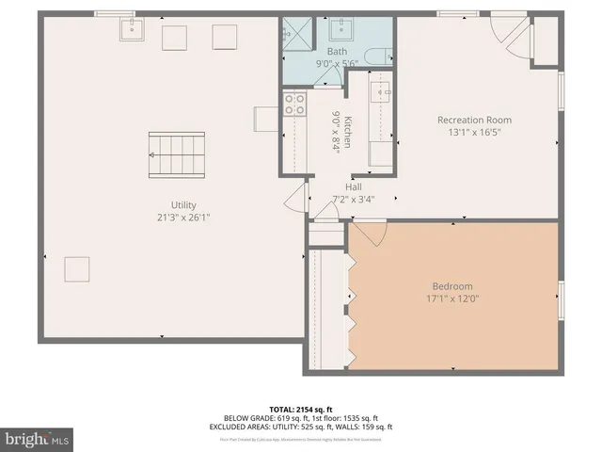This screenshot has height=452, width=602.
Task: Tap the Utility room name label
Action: click(x=182, y=204)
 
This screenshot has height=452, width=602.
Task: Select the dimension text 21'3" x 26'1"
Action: click(x=183, y=217)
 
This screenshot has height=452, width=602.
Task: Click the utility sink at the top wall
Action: click(x=132, y=31)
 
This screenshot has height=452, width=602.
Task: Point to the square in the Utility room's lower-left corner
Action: click(x=76, y=268)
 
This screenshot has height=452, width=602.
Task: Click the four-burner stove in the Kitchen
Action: click(x=294, y=103)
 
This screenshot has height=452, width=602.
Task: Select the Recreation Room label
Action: click(x=473, y=120)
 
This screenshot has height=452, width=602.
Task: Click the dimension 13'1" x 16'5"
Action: click(x=473, y=132)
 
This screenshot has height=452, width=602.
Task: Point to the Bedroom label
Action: click(x=452, y=285)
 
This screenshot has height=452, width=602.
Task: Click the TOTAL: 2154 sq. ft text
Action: click(x=300, y=409)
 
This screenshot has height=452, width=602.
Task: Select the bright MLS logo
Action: click(x=37, y=438)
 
